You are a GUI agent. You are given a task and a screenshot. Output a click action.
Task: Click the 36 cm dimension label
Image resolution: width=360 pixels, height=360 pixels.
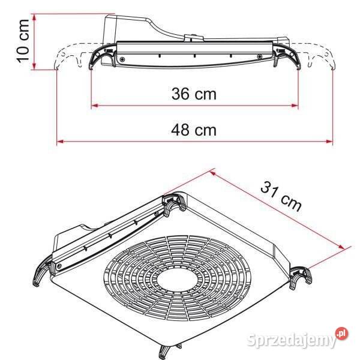click(194, 94)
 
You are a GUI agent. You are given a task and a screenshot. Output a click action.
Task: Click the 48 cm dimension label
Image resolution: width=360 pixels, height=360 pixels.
click(194, 130)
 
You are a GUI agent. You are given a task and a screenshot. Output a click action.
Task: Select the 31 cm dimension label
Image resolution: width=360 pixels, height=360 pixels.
click(281, 196)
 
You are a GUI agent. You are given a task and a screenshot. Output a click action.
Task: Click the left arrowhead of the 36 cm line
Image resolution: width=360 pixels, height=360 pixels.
click(94, 106)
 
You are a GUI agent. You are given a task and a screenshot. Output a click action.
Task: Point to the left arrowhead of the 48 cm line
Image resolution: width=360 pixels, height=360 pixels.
click(59, 142)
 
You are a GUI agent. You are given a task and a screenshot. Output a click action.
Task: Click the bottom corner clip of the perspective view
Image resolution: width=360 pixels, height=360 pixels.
click(166, 352)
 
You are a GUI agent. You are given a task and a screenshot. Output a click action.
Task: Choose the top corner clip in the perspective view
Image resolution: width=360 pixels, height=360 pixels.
click(173, 204)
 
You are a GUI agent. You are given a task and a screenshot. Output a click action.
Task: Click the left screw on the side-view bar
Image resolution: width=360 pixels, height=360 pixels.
click(122, 59)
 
